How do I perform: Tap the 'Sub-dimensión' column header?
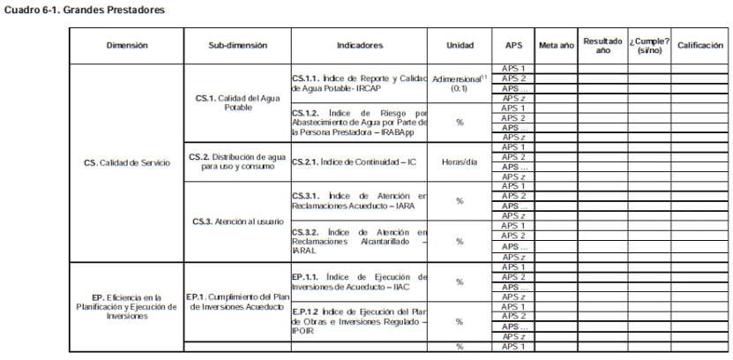click(x=237, y=44)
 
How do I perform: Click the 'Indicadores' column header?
click(x=360, y=44)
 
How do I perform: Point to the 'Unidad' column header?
click(x=460, y=44)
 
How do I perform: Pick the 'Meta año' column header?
click(x=555, y=44)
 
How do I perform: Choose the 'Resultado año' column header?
click(x=602, y=45)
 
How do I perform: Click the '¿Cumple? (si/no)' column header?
click(x=649, y=45)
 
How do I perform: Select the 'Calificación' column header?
click(x=700, y=44)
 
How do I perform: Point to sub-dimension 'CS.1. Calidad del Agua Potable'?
click(x=237, y=102)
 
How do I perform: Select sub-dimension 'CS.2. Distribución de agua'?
click(x=237, y=161)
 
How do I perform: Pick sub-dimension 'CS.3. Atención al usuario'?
click(x=237, y=221)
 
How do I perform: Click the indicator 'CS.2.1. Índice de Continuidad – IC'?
click(x=360, y=161)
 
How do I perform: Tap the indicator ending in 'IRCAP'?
click(x=360, y=83)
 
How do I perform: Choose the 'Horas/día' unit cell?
click(x=460, y=161)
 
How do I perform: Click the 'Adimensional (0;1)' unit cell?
click(x=460, y=83)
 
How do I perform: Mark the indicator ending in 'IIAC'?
click(x=360, y=281)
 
